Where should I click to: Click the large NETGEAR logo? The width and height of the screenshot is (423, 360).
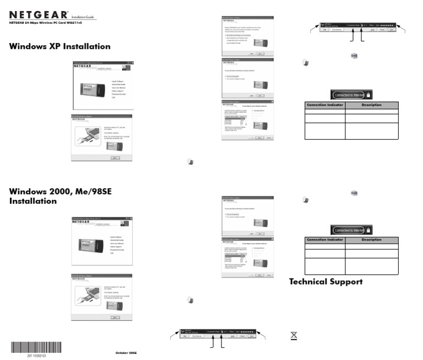coord(39,15)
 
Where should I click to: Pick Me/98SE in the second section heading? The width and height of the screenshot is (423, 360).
coord(100,190)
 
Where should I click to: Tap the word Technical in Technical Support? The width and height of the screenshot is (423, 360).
coord(310,282)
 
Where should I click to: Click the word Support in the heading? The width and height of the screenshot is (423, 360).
coord(347,282)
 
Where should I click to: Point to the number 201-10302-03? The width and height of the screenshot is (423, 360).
coord(36,356)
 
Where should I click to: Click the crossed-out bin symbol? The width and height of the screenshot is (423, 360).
coord(294,335)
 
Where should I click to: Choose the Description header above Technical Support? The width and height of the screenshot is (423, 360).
coord(371,239)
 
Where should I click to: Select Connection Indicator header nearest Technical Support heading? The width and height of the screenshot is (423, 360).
coord(325,239)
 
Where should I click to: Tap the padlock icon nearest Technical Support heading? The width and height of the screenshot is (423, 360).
coord(368,230)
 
